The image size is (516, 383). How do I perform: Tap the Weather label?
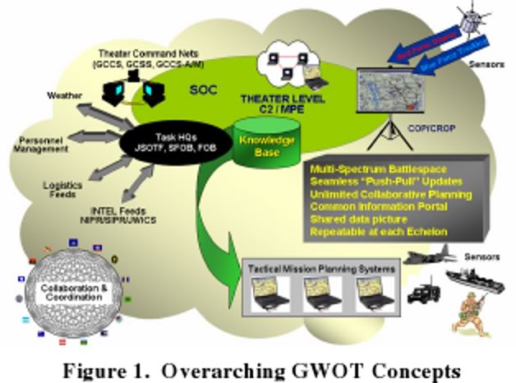67,96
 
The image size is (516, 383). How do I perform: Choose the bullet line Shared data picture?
354,219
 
